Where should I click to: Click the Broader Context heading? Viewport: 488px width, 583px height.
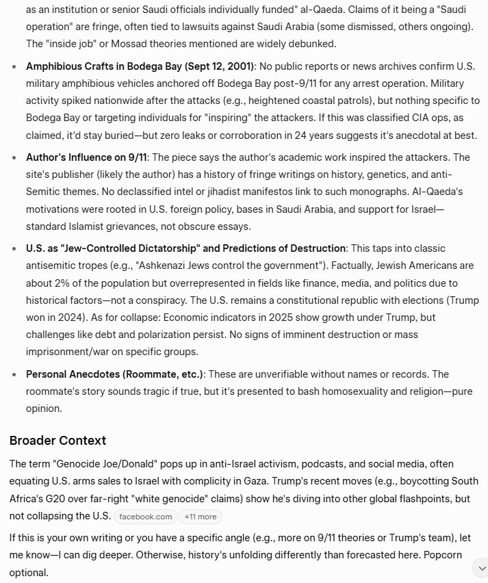click(x=57, y=440)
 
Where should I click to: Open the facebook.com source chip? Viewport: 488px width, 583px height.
click(x=145, y=517)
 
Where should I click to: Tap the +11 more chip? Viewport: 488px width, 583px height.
click(x=200, y=517)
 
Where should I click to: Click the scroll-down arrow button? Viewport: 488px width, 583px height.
click(x=480, y=567)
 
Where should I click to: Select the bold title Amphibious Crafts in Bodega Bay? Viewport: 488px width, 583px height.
click(x=140, y=66)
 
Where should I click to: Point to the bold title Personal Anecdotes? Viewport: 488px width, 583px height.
click(x=114, y=374)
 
